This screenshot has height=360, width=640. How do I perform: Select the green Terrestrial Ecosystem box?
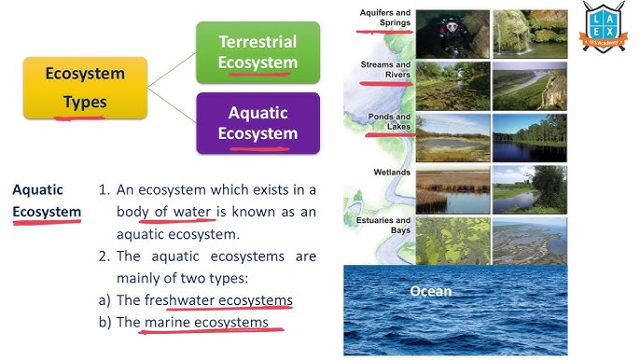(257, 52)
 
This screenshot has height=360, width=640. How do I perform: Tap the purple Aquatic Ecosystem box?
(257, 122)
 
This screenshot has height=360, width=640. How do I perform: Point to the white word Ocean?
(430, 291)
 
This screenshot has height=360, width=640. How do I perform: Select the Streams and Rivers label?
(385, 69)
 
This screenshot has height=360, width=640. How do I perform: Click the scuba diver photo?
(452, 34)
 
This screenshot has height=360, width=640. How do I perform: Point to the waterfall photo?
(529, 34)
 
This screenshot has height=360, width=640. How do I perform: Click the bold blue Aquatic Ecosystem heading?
(47, 201)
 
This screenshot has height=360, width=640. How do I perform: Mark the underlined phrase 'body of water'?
(177, 212)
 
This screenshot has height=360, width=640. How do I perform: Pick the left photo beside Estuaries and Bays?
(452, 242)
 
